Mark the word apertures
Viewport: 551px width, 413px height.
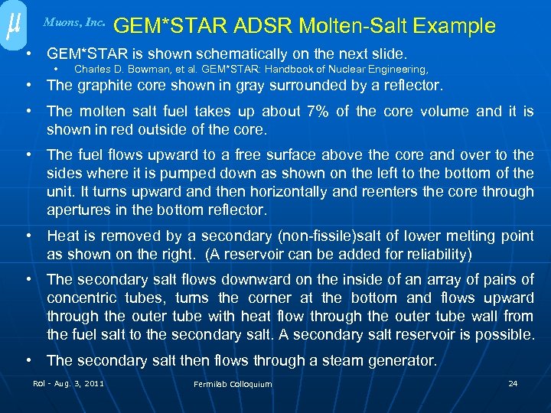coord(77,210)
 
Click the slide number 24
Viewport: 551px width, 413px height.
coord(513,383)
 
